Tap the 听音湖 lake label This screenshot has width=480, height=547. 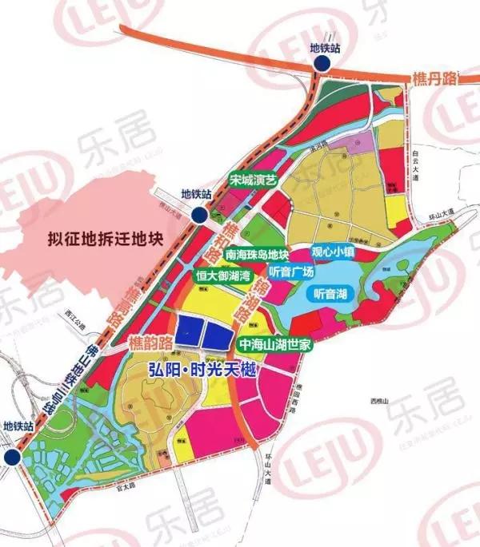(330, 295)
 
